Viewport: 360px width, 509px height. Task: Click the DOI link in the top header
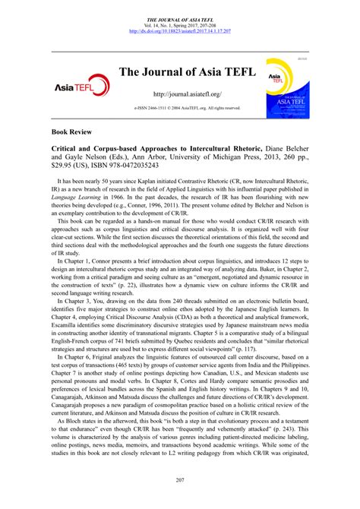pyautogui.click(x=180, y=32)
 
